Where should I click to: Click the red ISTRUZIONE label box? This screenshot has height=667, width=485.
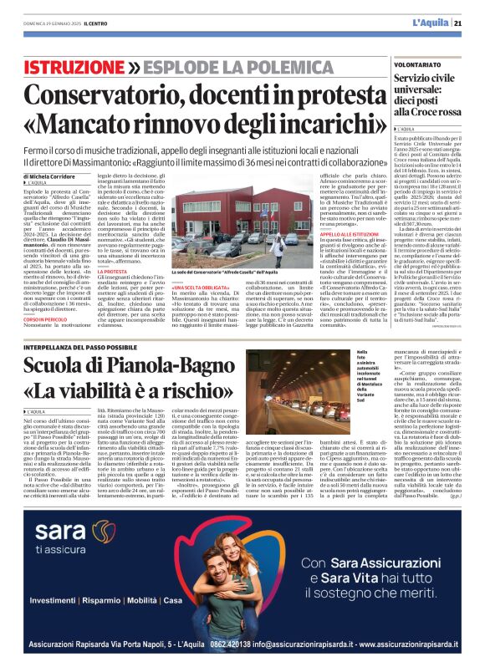point(75,65)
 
